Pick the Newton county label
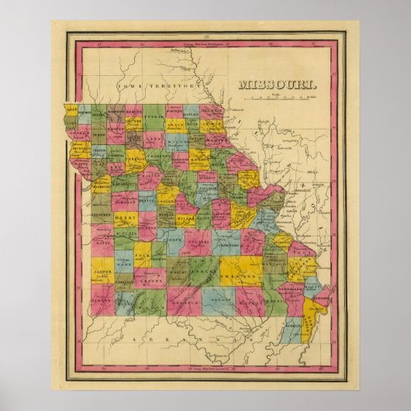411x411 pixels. click(102, 298)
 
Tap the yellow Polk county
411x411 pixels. click(143, 251)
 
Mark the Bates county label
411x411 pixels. click(102, 243)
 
